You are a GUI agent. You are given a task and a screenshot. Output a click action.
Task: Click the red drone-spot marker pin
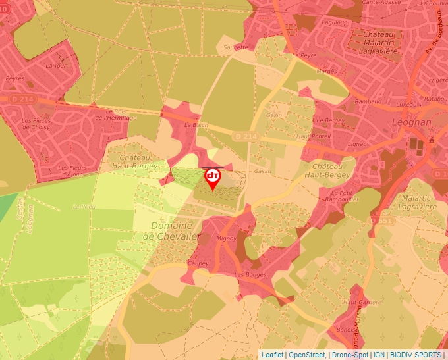coord(213,178)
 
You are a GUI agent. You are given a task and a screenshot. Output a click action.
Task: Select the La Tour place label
coord(56,66)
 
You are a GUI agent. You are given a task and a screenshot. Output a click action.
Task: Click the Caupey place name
coord(197,263)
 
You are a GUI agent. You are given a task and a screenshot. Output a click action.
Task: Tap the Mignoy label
coord(226,239)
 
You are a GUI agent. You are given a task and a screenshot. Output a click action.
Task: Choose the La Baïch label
coord(192,124)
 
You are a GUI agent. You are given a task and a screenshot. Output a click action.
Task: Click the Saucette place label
coord(237,47)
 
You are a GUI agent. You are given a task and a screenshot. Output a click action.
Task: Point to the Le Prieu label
coord(84,206)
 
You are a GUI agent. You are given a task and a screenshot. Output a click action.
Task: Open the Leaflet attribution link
coord(273,355)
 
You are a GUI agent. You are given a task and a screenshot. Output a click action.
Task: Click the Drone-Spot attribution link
coord(349,355)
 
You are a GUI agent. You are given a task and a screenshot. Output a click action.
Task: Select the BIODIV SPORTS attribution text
coord(416,355)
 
